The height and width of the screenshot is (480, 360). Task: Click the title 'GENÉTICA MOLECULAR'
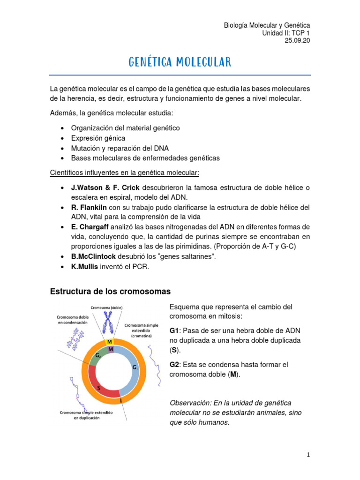(x=180, y=62)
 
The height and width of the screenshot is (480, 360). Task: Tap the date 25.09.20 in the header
(x=297, y=41)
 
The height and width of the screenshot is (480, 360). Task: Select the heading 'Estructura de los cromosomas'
(x=110, y=292)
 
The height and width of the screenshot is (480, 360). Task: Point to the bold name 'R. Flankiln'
(x=89, y=207)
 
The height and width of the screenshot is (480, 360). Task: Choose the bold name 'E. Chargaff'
(x=90, y=227)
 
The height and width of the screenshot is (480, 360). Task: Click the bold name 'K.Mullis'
(x=84, y=267)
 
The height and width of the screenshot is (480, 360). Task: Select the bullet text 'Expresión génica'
(x=98, y=138)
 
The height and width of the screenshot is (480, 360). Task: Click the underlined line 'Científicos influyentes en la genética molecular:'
(x=125, y=172)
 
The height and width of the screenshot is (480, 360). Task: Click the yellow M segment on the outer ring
(x=109, y=342)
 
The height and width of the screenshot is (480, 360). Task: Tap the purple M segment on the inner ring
(x=110, y=349)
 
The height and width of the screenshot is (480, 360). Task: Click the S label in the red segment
(x=99, y=388)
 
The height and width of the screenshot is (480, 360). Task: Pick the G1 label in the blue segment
(x=135, y=368)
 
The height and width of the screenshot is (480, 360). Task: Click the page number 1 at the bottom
(x=308, y=455)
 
